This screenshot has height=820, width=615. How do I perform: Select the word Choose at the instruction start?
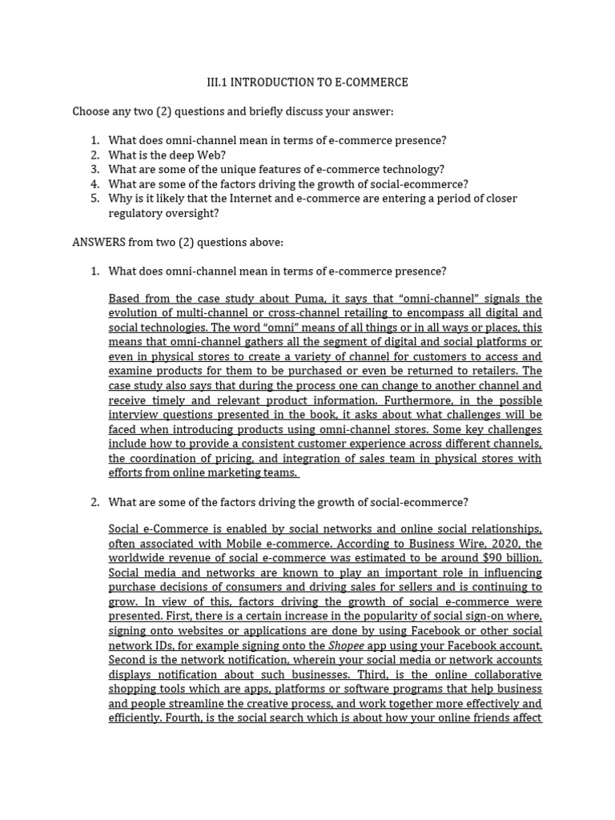click(91, 111)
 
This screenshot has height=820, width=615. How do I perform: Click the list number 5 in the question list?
click(94, 199)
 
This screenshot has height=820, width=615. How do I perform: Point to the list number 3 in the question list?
click(94, 170)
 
